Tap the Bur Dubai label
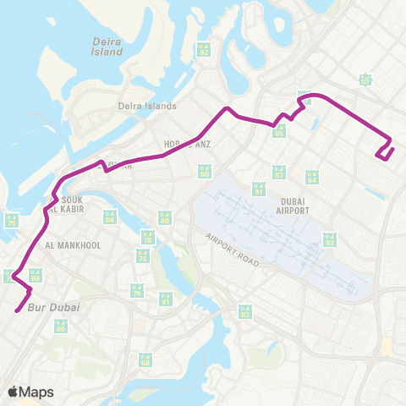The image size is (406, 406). (54, 307)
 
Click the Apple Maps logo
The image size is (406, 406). (31, 392)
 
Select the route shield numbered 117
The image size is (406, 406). (365, 80)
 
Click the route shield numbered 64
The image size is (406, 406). (311, 177)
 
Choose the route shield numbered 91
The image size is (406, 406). (259, 190)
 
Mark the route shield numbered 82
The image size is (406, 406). (330, 240)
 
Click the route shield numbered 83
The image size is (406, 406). (245, 312)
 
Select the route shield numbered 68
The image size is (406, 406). (145, 360)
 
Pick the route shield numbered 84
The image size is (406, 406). (110, 217)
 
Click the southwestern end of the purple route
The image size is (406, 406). (16, 311)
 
